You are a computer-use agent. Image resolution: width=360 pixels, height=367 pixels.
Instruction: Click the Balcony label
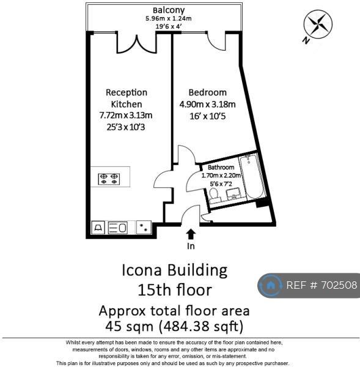169,10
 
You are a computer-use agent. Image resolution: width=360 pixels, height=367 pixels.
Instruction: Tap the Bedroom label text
207,92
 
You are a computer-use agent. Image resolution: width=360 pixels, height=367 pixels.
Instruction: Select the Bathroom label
221,168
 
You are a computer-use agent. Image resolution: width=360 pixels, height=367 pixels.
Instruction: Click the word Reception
127,92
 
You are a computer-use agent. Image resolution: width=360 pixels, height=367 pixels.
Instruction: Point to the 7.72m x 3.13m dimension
126,115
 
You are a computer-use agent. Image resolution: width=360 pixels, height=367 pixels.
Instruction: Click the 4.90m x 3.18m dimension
207,104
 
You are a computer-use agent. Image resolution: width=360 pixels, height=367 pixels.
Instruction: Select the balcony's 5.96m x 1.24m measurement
169,18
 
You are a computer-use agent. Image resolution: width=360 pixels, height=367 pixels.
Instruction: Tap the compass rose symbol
318,24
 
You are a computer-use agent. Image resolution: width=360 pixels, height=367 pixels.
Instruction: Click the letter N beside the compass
306,40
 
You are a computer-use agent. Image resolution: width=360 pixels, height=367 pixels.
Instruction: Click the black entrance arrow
191,234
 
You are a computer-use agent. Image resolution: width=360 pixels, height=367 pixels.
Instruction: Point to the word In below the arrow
191,246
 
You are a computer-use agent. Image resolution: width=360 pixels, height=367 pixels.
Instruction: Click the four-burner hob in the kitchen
109,179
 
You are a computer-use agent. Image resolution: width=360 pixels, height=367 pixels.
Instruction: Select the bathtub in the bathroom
252,177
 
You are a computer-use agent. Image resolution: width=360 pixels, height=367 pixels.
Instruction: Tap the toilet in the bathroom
215,196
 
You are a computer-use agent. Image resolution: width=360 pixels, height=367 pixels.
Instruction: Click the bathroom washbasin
234,194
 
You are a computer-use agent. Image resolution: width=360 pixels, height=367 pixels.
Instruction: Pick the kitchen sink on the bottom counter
118,228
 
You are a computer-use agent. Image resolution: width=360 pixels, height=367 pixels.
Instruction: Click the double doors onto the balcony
136,45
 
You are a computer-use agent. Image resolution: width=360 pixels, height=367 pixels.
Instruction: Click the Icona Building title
175,270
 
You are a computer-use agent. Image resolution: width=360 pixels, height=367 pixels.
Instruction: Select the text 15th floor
175,289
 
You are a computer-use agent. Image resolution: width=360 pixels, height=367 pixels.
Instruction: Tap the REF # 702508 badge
309,285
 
